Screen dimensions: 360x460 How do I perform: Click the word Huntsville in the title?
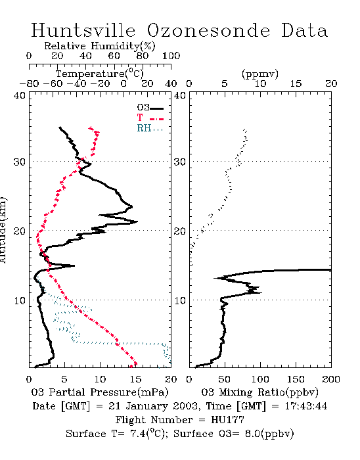(83, 30)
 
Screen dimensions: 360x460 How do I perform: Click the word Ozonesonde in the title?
(208, 30)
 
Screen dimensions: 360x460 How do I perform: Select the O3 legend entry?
(150, 108)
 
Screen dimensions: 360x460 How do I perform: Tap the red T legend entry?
(150, 118)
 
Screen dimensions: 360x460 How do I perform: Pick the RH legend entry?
(150, 128)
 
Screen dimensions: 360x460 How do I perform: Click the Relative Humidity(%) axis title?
(100, 46)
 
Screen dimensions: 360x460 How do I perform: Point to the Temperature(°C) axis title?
(100, 74)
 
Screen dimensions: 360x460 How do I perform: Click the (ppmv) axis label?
(259, 74)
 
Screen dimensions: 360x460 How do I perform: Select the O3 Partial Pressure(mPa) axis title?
(100, 392)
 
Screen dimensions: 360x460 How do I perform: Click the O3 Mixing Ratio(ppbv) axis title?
(259, 392)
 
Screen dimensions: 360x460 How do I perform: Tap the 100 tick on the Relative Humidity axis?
(171, 56)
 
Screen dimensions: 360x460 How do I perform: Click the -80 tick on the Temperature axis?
(29, 83)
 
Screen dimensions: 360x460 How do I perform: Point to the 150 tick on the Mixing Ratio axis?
(296, 379)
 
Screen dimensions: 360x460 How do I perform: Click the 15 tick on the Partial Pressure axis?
(135, 379)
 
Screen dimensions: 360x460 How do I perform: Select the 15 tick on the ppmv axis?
(296, 83)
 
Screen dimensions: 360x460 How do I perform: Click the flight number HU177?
(227, 420)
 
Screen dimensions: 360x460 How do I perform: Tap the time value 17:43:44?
(305, 406)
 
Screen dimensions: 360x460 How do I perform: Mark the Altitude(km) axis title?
(3, 230)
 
